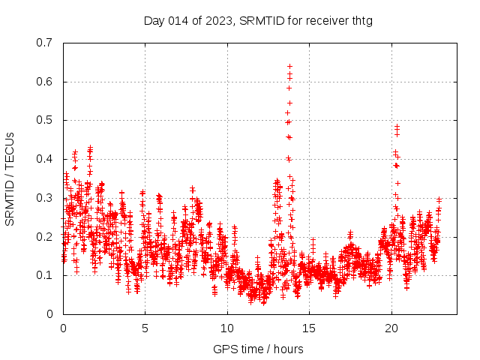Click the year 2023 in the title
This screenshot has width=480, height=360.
(x=216, y=20)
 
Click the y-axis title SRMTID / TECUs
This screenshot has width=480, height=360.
(x=10, y=178)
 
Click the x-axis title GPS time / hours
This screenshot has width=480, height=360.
(x=258, y=349)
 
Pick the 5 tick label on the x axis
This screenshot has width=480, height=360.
(x=145, y=328)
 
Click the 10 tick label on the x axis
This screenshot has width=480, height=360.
(x=227, y=328)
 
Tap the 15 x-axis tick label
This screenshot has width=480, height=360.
(x=309, y=328)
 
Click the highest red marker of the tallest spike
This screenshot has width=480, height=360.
(x=289, y=66)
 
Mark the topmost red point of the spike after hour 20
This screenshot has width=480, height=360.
(x=397, y=127)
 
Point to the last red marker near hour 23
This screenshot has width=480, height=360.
(x=439, y=199)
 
